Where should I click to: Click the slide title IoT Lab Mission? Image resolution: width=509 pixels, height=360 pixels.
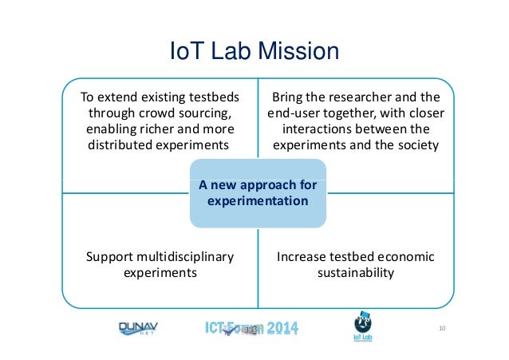click(255, 53)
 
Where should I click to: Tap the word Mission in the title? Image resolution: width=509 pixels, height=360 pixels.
click(297, 53)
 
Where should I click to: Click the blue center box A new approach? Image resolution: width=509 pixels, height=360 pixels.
click(258, 193)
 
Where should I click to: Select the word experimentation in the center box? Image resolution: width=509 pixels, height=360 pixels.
click(258, 201)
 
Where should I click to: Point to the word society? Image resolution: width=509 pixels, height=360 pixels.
click(417, 144)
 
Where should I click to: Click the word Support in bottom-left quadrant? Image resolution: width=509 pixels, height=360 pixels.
click(109, 257)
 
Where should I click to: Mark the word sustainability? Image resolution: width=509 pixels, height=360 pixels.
click(355, 273)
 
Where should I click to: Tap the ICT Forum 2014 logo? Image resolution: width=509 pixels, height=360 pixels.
click(251, 329)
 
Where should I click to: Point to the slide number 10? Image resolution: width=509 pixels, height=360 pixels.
click(443, 328)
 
